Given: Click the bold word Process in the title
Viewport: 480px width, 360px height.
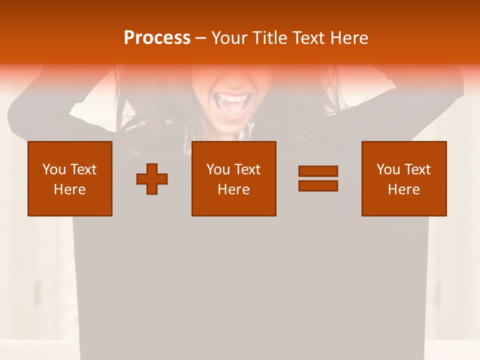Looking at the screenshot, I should click(157, 38).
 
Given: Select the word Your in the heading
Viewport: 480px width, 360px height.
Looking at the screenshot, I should click(230, 38).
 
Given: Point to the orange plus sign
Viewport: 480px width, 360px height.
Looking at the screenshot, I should click(152, 179).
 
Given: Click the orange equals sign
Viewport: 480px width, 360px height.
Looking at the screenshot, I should click(318, 178).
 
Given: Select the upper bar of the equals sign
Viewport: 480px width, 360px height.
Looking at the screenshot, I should click(318, 171).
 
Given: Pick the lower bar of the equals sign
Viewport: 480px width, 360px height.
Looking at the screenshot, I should click(318, 185).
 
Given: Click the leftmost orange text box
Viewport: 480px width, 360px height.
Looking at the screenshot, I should click(70, 178).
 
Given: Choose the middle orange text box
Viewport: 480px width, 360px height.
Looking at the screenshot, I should click(234, 178).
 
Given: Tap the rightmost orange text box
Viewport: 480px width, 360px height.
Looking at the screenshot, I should click(404, 178).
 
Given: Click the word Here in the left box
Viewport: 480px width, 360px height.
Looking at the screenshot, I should click(70, 189).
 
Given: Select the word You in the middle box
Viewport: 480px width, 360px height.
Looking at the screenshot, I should click(218, 169).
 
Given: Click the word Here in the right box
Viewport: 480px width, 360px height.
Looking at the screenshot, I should click(404, 189).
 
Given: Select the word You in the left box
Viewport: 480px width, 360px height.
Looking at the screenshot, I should click(54, 169).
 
